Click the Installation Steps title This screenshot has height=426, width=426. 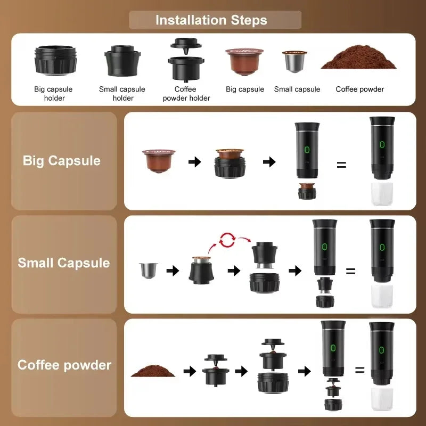tap(211, 21)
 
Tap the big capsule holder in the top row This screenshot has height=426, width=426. tap(55, 60)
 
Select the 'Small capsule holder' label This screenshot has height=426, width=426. tap(122, 93)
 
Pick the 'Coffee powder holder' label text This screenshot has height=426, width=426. tap(186, 93)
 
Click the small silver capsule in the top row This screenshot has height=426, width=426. tap(294, 62)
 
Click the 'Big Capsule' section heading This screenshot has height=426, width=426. tap(61, 161)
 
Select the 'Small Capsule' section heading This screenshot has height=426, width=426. tap(63, 263)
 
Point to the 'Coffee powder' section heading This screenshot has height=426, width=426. tap(64, 365)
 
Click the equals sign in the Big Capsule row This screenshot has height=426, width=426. tap(341, 165)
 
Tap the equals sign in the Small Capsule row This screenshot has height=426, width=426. tap(350, 271)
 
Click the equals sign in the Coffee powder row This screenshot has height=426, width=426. tap(359, 370)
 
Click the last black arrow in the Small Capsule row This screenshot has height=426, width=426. tap(295, 271)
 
